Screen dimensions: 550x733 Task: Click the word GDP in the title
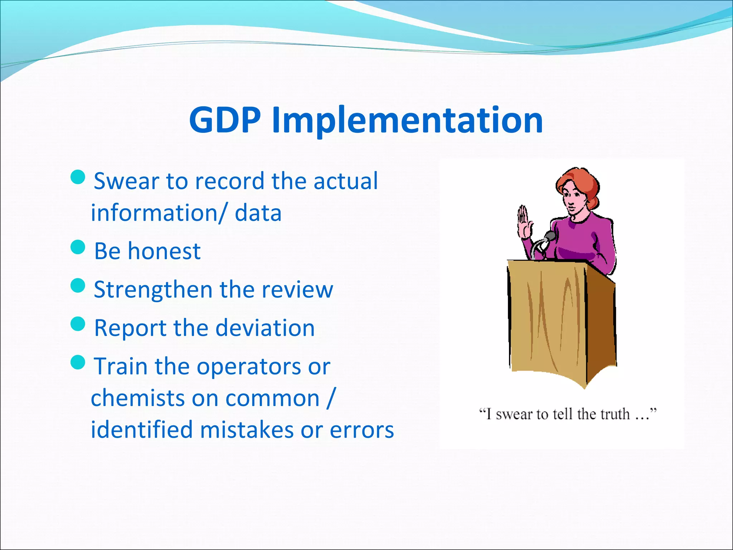225,120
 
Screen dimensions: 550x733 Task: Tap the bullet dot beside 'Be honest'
78,247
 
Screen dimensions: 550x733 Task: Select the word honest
164,251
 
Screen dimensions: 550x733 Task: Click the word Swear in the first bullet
126,181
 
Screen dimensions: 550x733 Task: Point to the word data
258,213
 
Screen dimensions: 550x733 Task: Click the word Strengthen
153,289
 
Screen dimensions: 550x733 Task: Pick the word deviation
265,328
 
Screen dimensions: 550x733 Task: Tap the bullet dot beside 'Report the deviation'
78,324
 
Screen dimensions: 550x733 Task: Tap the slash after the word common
331,397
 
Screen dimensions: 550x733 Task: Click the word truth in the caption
615,414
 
